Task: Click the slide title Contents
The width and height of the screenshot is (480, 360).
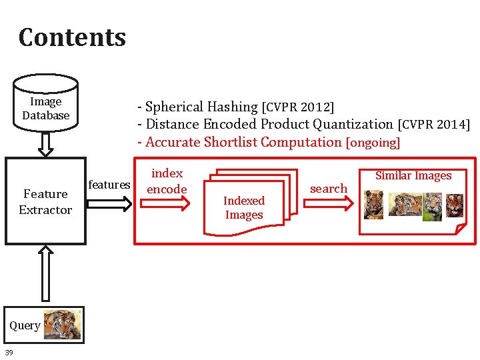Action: coord(72,37)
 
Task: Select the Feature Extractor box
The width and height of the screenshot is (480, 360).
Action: coord(45,201)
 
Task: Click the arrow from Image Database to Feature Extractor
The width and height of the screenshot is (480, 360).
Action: coord(45,143)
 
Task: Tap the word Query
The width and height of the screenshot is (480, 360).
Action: coord(25,325)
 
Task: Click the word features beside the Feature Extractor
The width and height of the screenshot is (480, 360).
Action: coord(109,185)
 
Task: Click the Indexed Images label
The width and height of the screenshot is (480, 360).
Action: coord(244,207)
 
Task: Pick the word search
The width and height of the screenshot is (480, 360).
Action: coord(329,189)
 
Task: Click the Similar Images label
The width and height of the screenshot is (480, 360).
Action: coord(413,175)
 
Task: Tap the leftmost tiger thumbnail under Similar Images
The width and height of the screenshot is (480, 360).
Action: coord(374,205)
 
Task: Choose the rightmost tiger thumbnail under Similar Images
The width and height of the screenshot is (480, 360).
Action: coord(454,205)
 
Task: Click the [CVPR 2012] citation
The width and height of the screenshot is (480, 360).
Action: coord(298,107)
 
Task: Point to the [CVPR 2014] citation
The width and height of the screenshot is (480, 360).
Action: coord(433,125)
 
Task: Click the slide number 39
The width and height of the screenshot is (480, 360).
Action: coord(9,352)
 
